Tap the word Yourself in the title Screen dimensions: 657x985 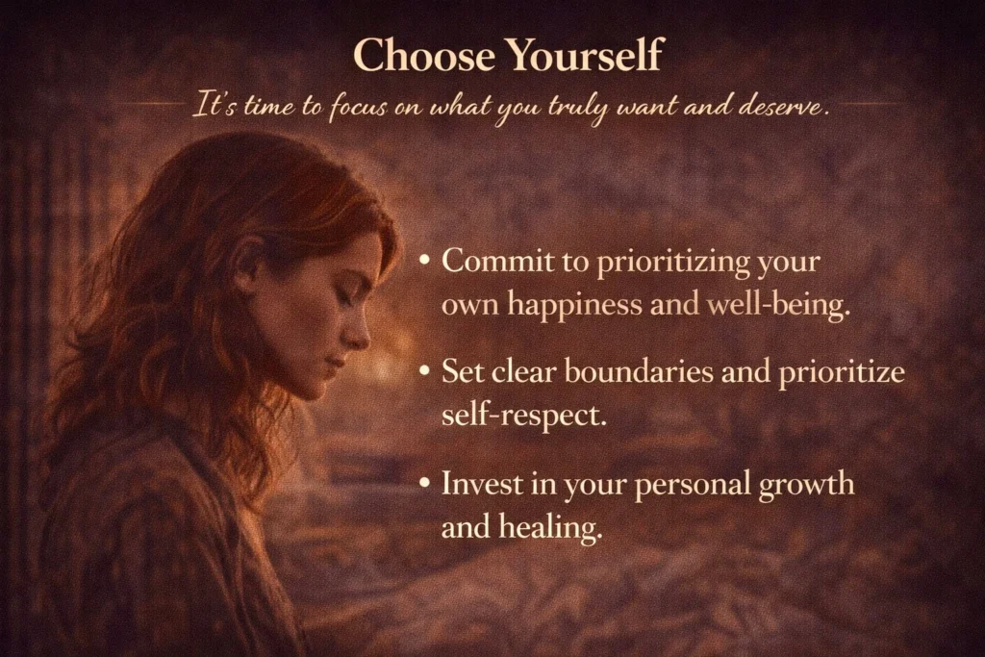click(x=585, y=56)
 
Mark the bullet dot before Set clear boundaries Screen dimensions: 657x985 click(x=425, y=373)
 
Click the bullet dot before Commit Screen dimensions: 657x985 click(x=425, y=262)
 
